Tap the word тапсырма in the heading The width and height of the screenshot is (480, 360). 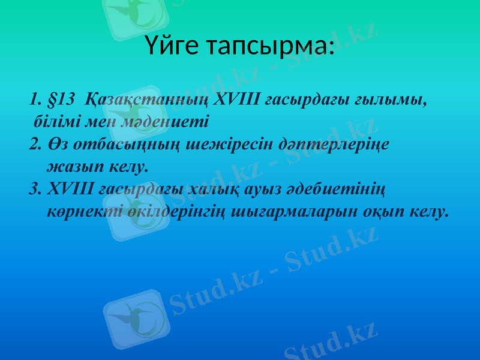point(271,46)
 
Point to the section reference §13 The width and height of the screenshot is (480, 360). point(64,98)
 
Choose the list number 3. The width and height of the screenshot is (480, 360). point(34,190)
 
